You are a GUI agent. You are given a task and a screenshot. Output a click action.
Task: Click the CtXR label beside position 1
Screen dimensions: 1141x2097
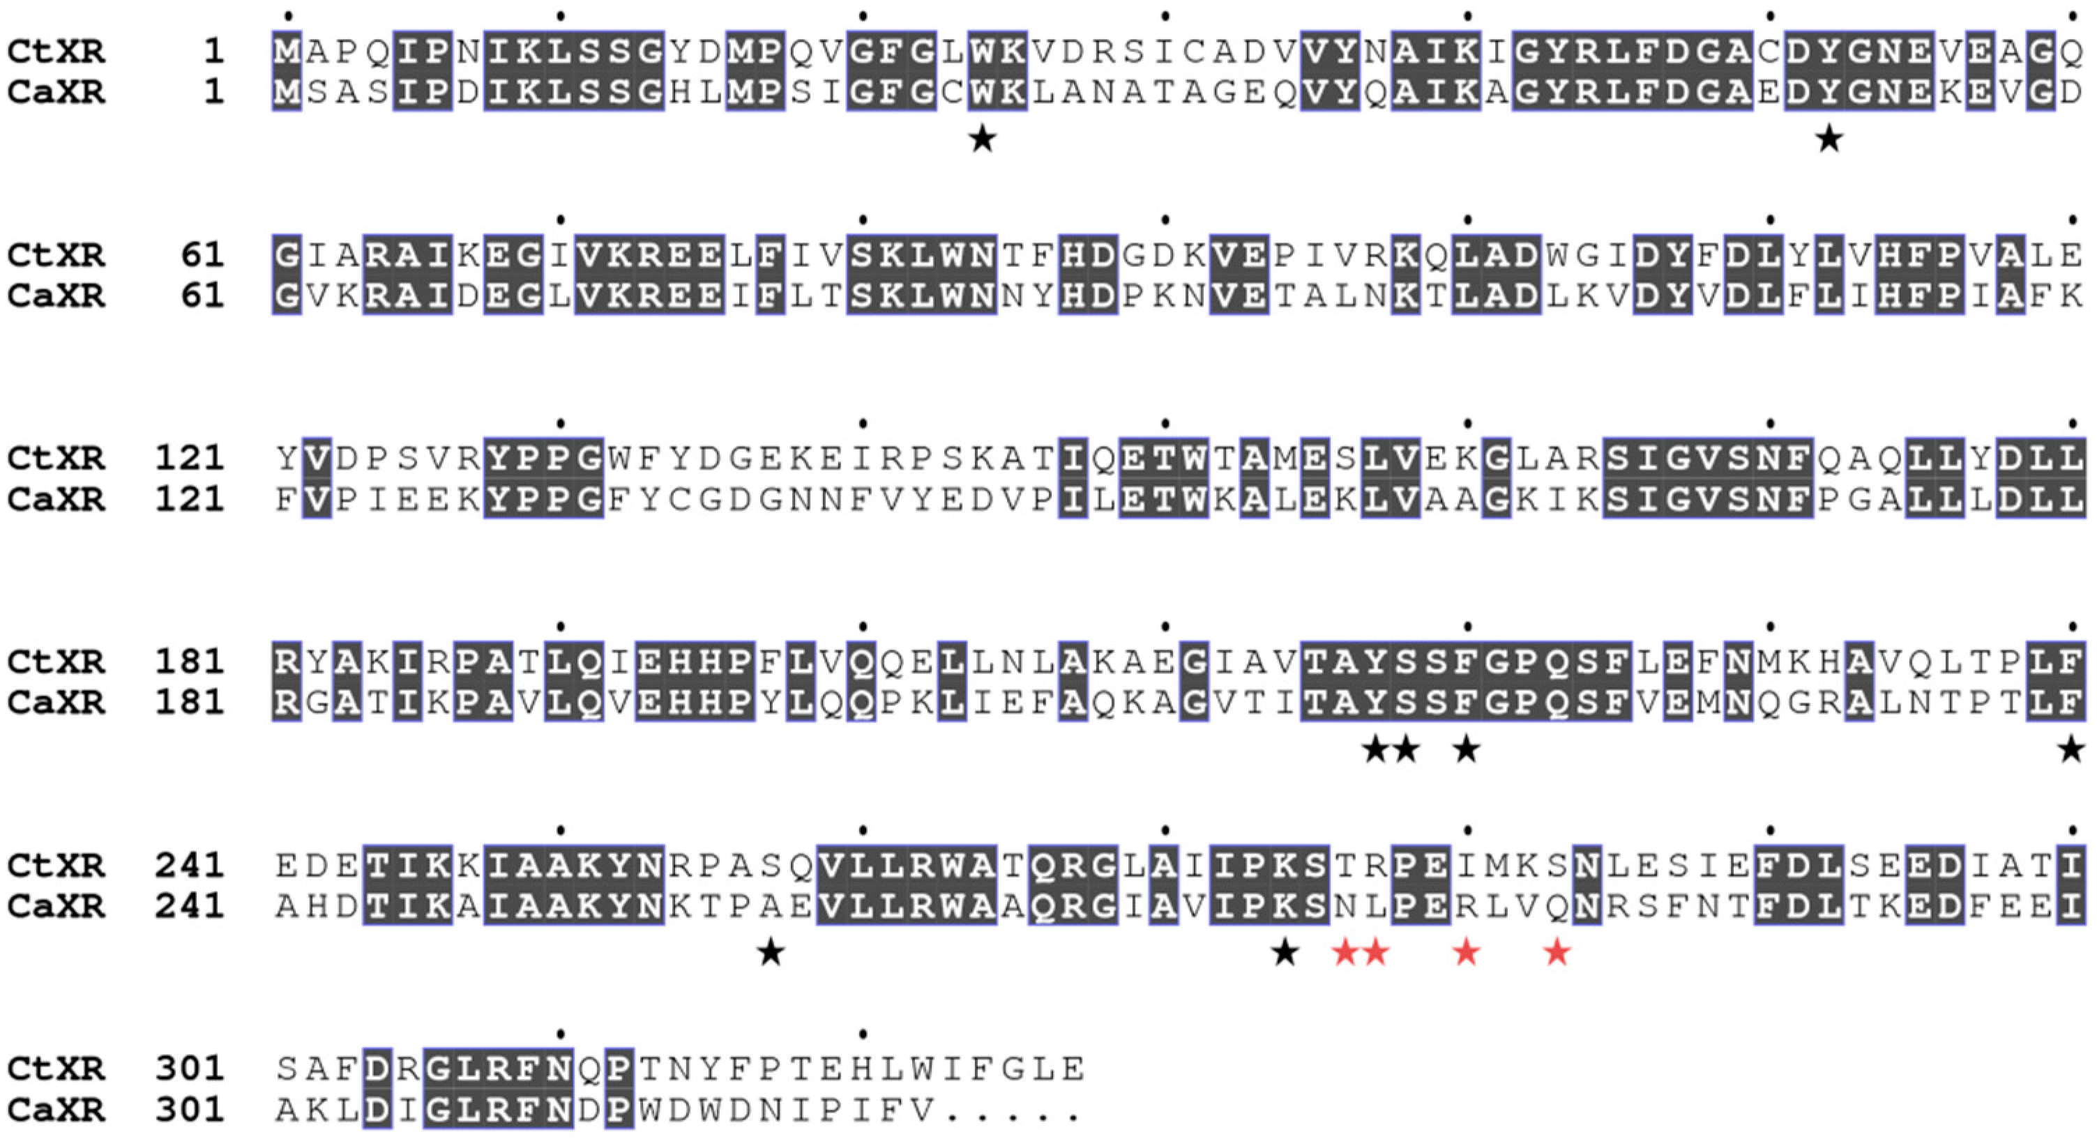coord(55,52)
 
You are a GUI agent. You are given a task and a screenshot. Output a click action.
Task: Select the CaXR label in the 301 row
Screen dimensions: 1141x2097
coord(55,1109)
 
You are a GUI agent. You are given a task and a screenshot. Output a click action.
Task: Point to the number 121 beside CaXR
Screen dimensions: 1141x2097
coord(189,499)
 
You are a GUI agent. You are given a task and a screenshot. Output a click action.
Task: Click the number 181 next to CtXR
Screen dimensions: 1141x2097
coord(189,661)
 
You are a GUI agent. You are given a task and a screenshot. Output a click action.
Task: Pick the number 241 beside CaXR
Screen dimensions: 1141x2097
coord(189,906)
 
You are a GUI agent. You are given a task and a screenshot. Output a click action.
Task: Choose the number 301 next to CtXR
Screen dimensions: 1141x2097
coord(189,1069)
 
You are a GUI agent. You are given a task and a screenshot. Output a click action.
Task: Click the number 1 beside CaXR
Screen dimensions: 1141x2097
coord(213,92)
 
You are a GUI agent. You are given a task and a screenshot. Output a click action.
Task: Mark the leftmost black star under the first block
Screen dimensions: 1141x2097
coord(983,139)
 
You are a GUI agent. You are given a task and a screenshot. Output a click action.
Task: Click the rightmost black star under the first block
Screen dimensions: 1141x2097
coord(1829,139)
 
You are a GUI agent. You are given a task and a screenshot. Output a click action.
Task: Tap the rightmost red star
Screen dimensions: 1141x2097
coord(1557,951)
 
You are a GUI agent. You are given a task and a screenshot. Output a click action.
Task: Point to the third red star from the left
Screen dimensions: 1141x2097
coord(1466,951)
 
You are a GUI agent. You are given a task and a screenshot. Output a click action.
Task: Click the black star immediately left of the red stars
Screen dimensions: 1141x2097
coord(1285,951)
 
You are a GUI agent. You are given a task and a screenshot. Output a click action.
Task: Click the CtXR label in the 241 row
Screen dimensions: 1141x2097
coord(55,865)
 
